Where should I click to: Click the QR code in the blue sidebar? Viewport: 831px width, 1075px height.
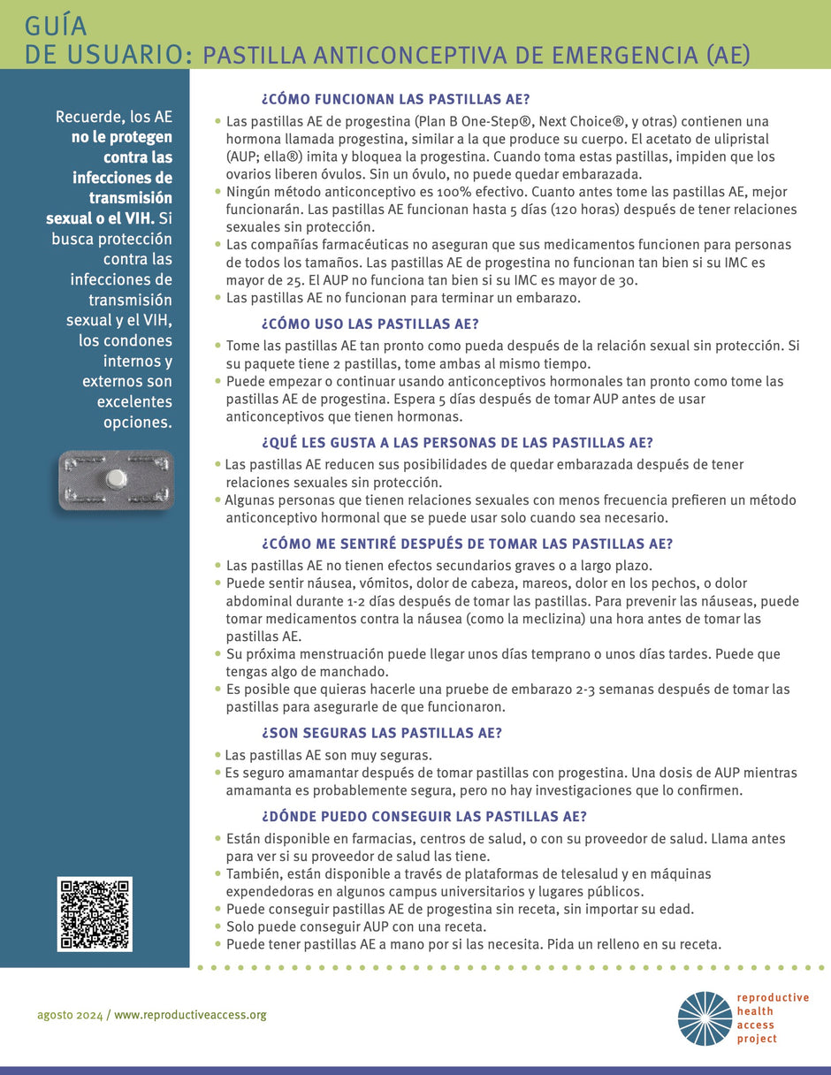click(x=95, y=914)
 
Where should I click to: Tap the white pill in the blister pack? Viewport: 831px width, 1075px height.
click(x=115, y=478)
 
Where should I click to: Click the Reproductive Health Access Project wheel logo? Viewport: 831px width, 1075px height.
click(x=705, y=1018)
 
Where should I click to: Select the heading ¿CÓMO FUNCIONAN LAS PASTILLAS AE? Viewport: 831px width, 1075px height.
click(x=396, y=98)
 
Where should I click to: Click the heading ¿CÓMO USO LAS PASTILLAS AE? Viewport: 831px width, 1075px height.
click(x=370, y=324)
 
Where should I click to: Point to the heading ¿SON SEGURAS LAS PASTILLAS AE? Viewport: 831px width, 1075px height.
click(x=382, y=733)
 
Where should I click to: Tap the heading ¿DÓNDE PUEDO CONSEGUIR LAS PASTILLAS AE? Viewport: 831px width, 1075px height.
click(x=424, y=816)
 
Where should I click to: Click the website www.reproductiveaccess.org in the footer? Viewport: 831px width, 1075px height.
click(x=190, y=1015)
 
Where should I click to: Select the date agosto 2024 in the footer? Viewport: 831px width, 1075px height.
click(x=70, y=1015)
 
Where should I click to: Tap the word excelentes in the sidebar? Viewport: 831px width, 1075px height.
click(x=134, y=401)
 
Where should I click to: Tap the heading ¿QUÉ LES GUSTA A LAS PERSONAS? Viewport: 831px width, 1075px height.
click(x=457, y=443)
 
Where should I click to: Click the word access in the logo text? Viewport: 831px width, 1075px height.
click(x=757, y=1025)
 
